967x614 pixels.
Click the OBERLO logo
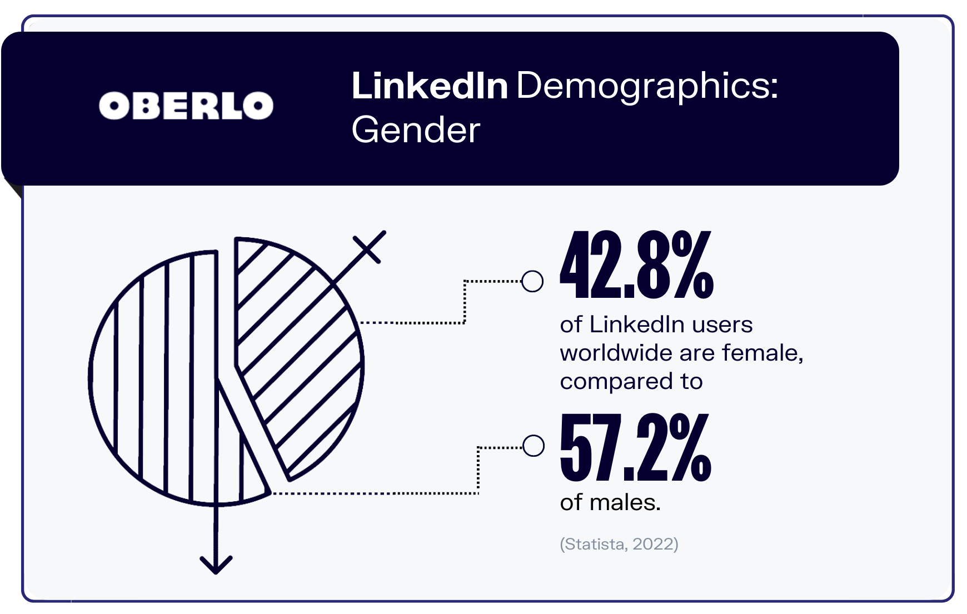pos(186,106)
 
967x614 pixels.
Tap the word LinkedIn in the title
pos(430,86)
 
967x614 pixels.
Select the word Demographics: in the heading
pos(647,86)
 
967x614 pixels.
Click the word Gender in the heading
pos(416,131)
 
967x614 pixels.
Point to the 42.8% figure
pos(636,266)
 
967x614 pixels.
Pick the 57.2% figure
pos(635,448)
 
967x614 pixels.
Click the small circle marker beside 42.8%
pos(532,281)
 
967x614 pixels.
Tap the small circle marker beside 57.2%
pos(534,445)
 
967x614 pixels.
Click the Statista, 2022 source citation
pos(619,543)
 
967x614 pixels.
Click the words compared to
pos(631,382)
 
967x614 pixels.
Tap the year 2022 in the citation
pos(652,543)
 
